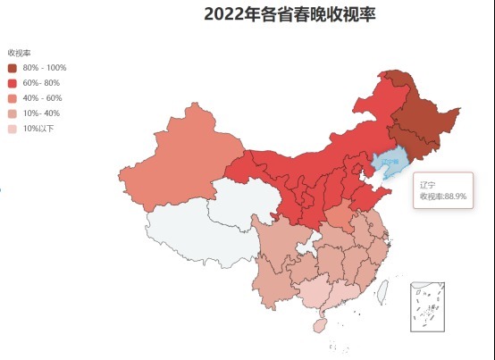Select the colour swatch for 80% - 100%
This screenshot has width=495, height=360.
click(x=13, y=68)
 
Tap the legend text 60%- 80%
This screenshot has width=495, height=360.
click(x=43, y=83)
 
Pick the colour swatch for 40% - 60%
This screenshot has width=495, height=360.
click(x=13, y=98)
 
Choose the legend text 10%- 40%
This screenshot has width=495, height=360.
click(x=43, y=113)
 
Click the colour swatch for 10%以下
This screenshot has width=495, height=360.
click(x=13, y=129)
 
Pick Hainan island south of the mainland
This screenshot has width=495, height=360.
click(x=319, y=326)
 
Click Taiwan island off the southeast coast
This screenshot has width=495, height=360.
click(x=382, y=290)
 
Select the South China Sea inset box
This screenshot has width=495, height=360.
click(x=427, y=306)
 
